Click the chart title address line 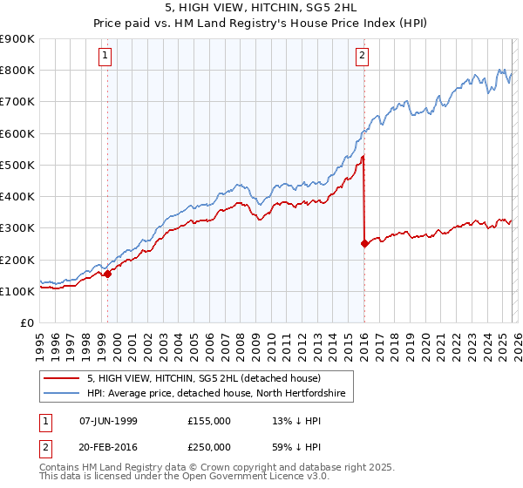click(261, 9)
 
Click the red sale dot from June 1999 click(108, 274)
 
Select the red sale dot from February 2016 click(364, 244)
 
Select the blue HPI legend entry click(216, 394)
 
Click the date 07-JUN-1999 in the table click(108, 421)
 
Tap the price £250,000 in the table click(208, 446)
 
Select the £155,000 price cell click(208, 421)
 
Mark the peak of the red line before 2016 click(363, 157)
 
